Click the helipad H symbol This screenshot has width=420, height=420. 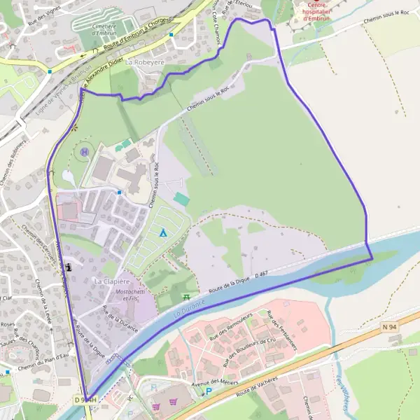tap(85, 151)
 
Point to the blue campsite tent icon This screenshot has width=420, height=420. tap(163, 232)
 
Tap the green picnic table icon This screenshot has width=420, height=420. tap(186, 297)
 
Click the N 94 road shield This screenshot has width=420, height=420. tap(390, 327)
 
